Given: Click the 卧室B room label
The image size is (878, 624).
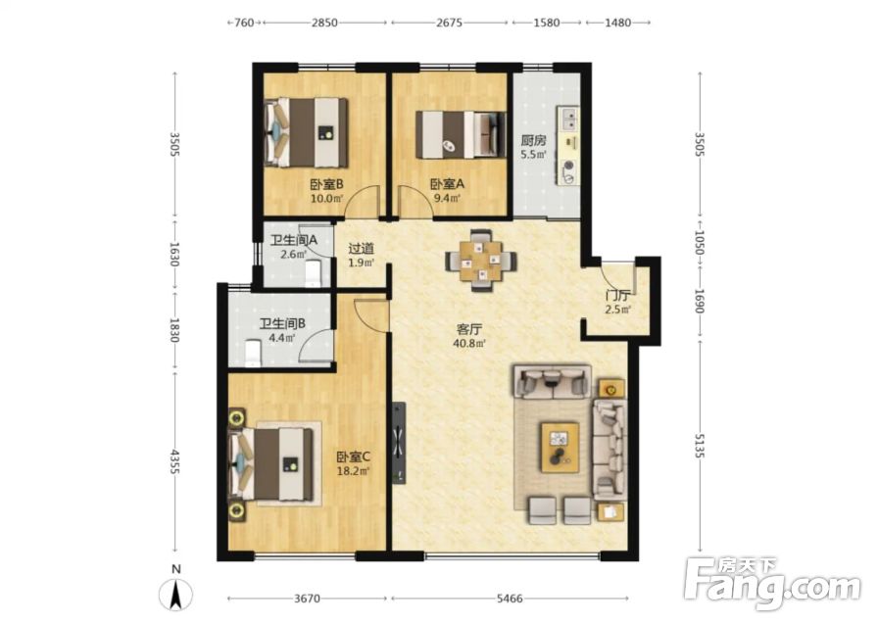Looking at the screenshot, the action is pos(326,184).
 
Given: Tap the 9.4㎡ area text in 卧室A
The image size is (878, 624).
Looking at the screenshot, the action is pos(446,198).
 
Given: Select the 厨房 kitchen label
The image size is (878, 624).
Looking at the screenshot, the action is pos(533,140).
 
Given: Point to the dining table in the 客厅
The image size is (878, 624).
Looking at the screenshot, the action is pos(481,261).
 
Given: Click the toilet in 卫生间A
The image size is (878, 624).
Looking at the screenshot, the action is pos(313,273).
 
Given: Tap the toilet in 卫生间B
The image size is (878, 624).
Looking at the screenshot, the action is pos(253,353).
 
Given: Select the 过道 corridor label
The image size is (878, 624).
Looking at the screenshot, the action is pos(362,249).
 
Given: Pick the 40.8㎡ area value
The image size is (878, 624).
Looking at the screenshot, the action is pos(469,343).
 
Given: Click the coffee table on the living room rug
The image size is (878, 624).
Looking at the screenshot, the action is pos(560,448).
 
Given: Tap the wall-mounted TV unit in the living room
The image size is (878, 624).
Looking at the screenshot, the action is pos(399,443).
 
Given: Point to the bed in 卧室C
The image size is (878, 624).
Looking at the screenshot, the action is pos(270,464).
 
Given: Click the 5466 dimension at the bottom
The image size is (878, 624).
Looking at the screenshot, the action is pos(510,599).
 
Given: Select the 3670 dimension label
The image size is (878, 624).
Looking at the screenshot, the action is pos(307,599).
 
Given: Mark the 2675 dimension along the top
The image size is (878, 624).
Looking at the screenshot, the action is pos(449,23).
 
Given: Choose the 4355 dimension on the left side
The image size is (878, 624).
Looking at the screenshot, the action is pos(174,461).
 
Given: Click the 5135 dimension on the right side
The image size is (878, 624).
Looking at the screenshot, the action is pos(699,445).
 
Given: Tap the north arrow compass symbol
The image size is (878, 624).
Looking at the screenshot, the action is pos(175,594).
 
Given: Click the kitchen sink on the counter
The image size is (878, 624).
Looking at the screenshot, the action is pos(569,118).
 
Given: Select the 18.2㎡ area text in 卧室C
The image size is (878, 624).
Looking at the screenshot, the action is pos(354,471).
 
